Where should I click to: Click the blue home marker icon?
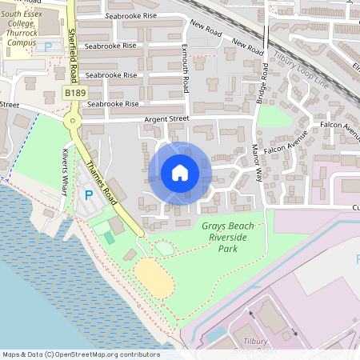point(179,173)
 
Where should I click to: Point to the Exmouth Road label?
point(185,68)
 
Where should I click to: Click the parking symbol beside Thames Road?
point(88,194)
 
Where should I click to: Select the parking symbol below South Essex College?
point(48,47)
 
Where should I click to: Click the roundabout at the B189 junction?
point(74,121)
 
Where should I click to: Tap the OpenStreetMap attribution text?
point(81,354)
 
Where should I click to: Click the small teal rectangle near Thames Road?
point(109,238)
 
